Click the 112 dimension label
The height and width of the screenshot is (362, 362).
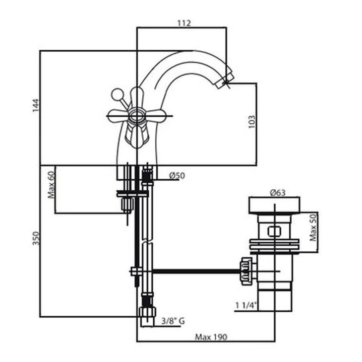(x=184, y=23)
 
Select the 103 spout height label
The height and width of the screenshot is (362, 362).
(x=251, y=122)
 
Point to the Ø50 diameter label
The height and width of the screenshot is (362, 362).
(x=177, y=176)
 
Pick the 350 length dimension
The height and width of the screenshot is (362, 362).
(x=36, y=239)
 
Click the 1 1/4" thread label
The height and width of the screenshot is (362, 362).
(x=245, y=305)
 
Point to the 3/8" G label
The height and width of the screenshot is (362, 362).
(x=173, y=322)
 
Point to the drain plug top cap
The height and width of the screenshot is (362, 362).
(x=275, y=205)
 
